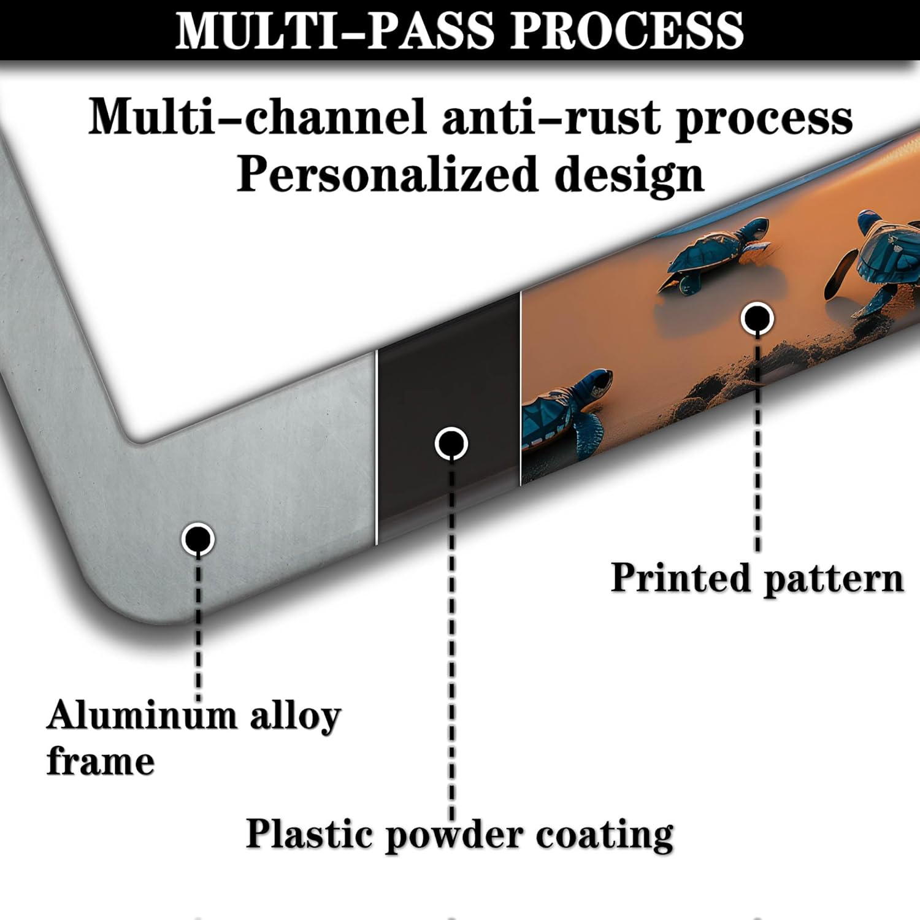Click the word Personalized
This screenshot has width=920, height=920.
(x=387, y=174)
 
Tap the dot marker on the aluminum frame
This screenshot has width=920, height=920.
(x=197, y=539)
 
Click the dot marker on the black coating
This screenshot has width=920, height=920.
(x=451, y=443)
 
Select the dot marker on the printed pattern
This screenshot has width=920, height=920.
(x=757, y=318)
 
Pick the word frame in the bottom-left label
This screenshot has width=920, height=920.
(x=101, y=761)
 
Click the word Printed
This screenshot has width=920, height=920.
(x=680, y=578)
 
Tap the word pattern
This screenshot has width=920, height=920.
(x=834, y=579)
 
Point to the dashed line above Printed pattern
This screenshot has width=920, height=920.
(x=757, y=442)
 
